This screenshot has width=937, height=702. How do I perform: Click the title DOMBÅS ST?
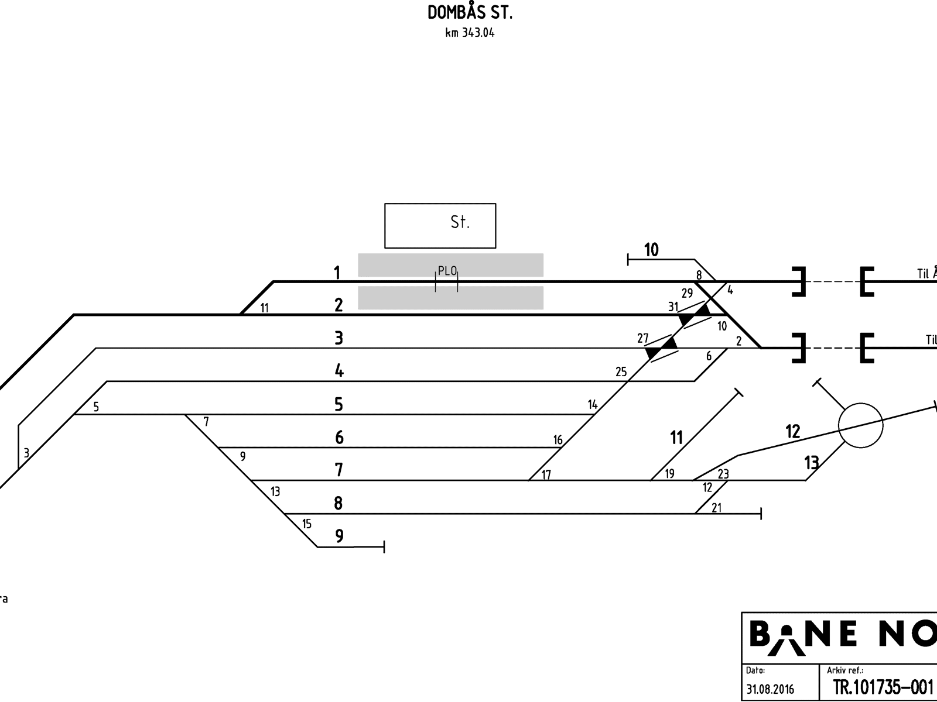click(x=470, y=13)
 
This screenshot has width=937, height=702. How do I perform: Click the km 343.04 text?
click(x=470, y=33)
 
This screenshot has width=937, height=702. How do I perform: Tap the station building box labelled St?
click(x=440, y=225)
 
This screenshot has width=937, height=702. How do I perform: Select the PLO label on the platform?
click(x=447, y=271)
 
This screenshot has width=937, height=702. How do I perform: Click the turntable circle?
click(x=860, y=425)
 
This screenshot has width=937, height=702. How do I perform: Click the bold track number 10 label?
click(x=651, y=250)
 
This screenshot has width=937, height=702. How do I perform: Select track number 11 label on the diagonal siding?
click(x=676, y=437)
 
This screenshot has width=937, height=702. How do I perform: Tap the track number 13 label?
click(x=811, y=463)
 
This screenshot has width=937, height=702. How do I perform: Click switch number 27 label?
click(x=643, y=338)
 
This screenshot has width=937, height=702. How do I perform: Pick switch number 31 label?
click(x=673, y=307)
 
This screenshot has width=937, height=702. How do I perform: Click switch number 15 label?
click(x=307, y=524)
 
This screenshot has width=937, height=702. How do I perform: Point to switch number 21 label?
click(x=717, y=508)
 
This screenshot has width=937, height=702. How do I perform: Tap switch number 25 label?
click(x=621, y=371)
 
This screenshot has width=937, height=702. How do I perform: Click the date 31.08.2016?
click(x=770, y=689)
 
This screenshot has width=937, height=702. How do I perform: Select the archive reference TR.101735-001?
click(x=883, y=687)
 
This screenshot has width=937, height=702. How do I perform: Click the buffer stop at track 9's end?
click(x=384, y=547)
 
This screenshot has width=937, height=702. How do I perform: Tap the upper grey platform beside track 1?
click(x=450, y=264)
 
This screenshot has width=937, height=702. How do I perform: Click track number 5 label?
click(x=338, y=404)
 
